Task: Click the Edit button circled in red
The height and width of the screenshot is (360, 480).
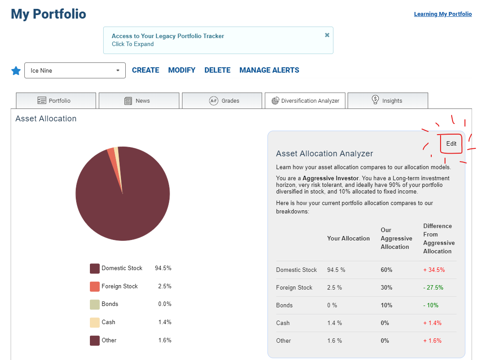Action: pyautogui.click(x=451, y=143)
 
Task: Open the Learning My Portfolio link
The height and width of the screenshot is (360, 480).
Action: pyautogui.click(x=443, y=14)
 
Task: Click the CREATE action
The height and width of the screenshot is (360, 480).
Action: pyautogui.click(x=145, y=70)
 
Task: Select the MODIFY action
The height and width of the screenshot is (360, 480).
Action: pyautogui.click(x=182, y=70)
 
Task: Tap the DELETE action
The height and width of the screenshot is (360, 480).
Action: pyautogui.click(x=217, y=70)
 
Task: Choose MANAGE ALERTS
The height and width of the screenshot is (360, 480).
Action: pyautogui.click(x=269, y=70)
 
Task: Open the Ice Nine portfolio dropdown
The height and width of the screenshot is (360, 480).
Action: pyautogui.click(x=75, y=70)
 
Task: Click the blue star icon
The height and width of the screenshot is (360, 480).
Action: pyautogui.click(x=16, y=71)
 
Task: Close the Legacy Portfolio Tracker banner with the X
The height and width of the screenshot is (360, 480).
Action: pyautogui.click(x=327, y=35)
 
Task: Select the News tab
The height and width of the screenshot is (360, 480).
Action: pyautogui.click(x=139, y=101)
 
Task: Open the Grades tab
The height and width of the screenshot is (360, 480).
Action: pyautogui.click(x=222, y=101)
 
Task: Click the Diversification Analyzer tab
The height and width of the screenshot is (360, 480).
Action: pyautogui.click(x=305, y=101)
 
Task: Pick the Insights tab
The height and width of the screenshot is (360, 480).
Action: pyautogui.click(x=388, y=101)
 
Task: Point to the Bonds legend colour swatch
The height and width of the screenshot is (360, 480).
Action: pyautogui.click(x=95, y=305)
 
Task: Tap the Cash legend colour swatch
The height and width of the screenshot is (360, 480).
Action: pyautogui.click(x=95, y=323)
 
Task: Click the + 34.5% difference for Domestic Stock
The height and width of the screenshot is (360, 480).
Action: pyautogui.click(x=434, y=270)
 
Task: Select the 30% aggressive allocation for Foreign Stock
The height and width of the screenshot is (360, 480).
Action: pyautogui.click(x=386, y=287)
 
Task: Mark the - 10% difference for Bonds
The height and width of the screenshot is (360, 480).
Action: pyautogui.click(x=431, y=305)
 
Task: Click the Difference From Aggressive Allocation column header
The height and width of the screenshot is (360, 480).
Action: pyautogui.click(x=439, y=239)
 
